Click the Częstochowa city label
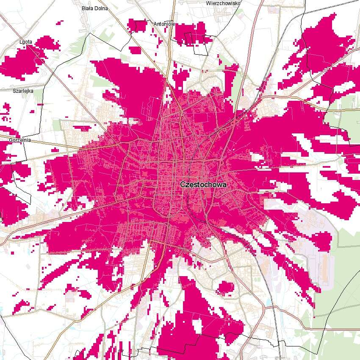click(x=203, y=185)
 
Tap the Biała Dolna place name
click(x=94, y=8)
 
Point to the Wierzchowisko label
click(x=223, y=3)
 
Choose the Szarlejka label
click(x=23, y=91)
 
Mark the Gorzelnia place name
click(x=19, y=139)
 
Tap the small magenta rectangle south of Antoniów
click(x=135, y=50)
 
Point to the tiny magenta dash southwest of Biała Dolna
click(x=71, y=76)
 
